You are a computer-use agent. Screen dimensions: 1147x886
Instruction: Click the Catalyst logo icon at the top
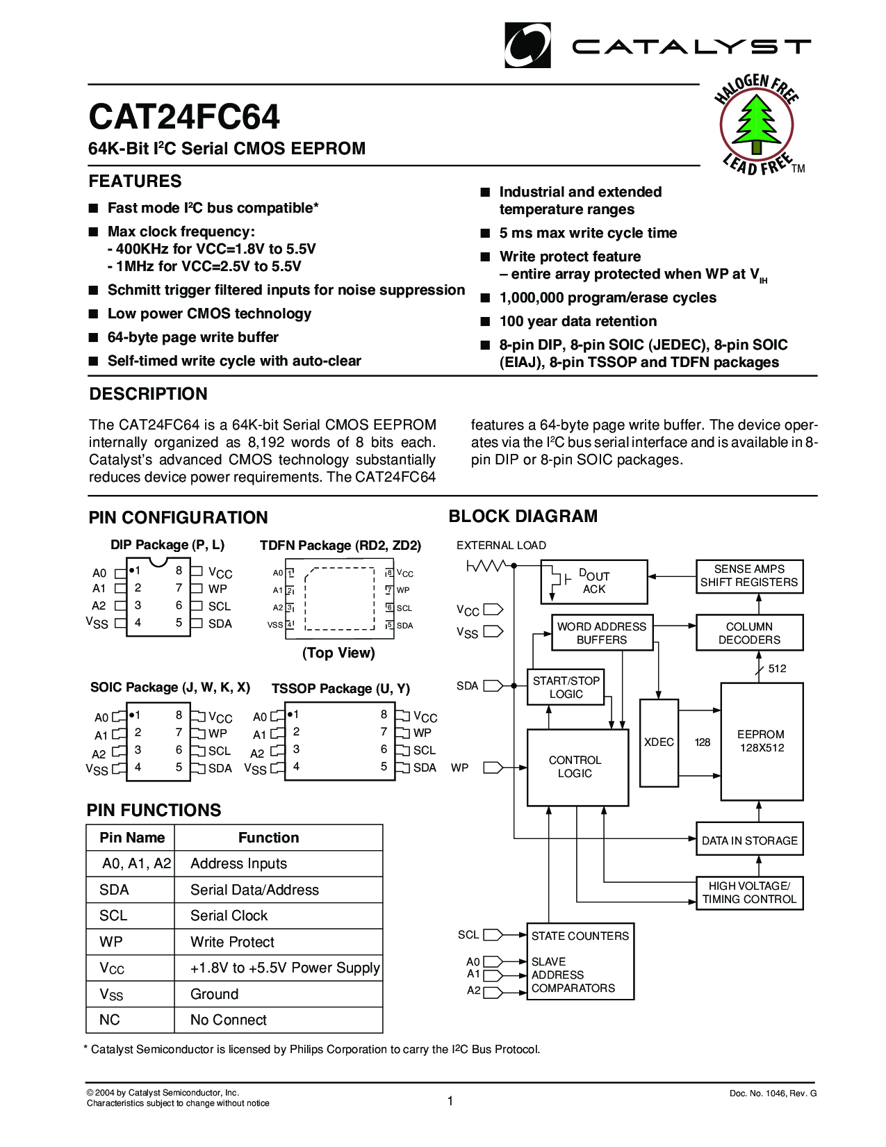click(x=527, y=45)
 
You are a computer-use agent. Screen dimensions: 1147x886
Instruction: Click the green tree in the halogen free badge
click(x=756, y=125)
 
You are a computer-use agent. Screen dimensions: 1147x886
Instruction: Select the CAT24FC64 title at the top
click(x=184, y=117)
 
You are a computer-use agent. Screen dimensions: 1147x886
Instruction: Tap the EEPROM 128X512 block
click(x=762, y=741)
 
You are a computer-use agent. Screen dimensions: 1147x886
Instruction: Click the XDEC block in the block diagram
click(x=659, y=742)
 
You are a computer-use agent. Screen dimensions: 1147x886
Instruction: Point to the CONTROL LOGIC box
click(x=577, y=767)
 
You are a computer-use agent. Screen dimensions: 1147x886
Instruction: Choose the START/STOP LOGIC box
click(x=566, y=687)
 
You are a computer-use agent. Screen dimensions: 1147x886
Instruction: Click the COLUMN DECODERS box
click(x=749, y=633)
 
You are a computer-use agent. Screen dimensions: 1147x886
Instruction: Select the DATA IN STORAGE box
click(x=749, y=840)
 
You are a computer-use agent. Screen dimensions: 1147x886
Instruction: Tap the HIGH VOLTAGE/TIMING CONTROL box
click(x=749, y=893)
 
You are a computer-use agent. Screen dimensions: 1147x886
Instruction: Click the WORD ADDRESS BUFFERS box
click(x=602, y=633)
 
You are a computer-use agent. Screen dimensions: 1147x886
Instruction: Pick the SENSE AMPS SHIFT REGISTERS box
click(x=749, y=576)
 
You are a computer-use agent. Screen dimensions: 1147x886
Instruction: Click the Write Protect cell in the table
click(x=232, y=942)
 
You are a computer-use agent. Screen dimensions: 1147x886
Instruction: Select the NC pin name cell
click(x=110, y=1020)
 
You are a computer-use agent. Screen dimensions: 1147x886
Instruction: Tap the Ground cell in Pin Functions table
click(x=214, y=994)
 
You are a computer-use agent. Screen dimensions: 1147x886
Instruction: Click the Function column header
click(x=268, y=838)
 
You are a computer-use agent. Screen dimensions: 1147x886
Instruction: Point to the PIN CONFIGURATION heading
click(x=178, y=517)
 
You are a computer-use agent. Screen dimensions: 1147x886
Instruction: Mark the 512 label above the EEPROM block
click(x=777, y=669)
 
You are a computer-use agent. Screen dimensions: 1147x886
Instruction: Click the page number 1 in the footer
click(x=450, y=1100)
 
